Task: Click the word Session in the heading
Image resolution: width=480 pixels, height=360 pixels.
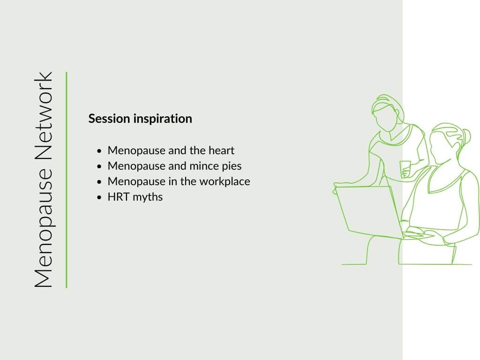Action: (109, 119)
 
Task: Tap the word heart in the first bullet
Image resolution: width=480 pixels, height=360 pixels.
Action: (221, 150)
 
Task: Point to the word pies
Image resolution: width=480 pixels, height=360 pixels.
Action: (231, 166)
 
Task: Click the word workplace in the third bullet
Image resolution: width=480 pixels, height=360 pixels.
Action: (225, 181)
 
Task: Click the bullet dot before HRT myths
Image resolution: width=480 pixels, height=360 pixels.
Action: (99, 197)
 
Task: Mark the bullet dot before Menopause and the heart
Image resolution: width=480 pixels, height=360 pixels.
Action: (99, 151)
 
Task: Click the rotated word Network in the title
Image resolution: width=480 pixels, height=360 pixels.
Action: (44, 116)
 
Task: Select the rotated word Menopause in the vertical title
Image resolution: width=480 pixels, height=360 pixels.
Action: (44, 228)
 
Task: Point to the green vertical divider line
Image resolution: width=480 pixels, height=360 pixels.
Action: (67, 180)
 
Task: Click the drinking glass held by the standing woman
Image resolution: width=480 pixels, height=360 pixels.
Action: (405, 169)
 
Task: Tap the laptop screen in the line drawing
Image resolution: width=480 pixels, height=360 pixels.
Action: (368, 211)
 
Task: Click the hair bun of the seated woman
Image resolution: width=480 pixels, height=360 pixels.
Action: (466, 136)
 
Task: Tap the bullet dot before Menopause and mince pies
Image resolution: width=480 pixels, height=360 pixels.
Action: (99, 166)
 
